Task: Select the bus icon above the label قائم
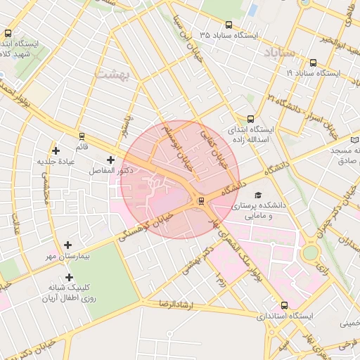click(x=82, y=136)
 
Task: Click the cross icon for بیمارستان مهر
click(x=67, y=245)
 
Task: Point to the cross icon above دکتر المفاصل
click(x=110, y=160)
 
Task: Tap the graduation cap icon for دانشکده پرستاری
click(x=257, y=195)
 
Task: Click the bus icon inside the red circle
click(x=202, y=201)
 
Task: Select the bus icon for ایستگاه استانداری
click(x=284, y=306)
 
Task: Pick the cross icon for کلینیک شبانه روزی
click(x=69, y=277)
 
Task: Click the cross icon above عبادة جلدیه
click(x=56, y=150)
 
